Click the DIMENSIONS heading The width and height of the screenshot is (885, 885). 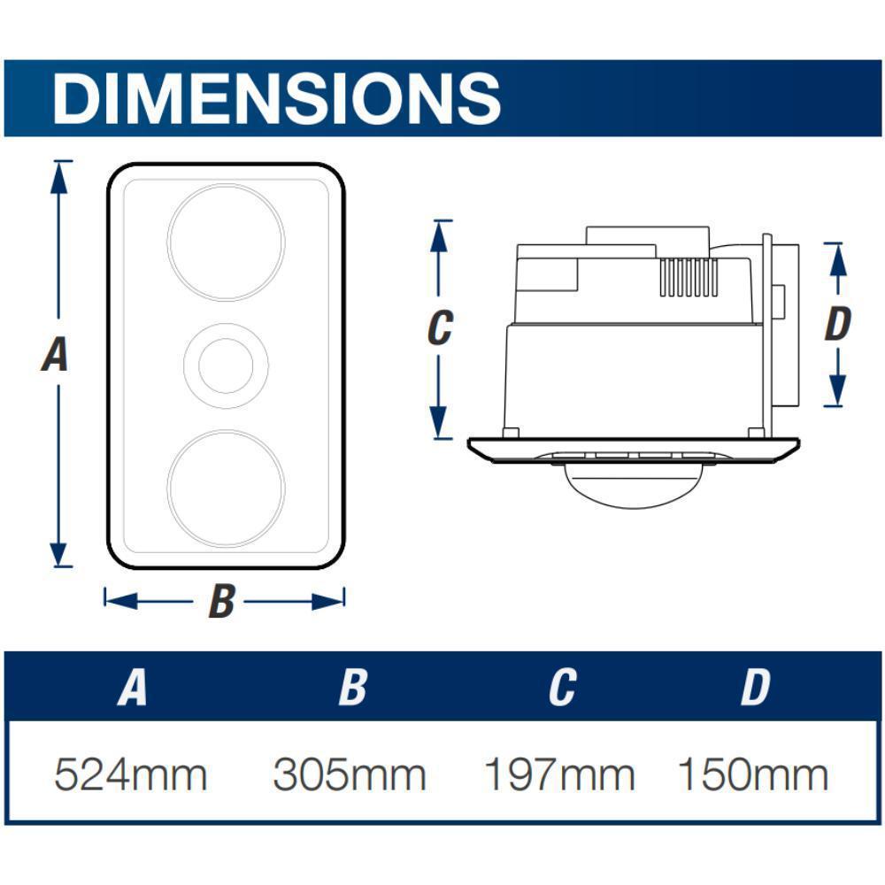point(276,98)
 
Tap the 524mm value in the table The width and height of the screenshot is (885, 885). point(131,774)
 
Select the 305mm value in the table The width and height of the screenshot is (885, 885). point(350,774)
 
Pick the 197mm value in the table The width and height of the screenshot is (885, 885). point(559,774)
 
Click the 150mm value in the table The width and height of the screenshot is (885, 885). point(753,774)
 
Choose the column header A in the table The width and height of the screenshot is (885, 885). point(133,687)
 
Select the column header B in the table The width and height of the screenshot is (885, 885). point(353,687)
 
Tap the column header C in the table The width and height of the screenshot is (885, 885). point(563,687)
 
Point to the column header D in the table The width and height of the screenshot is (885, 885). point(756,687)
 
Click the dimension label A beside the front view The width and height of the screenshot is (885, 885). point(55,354)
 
